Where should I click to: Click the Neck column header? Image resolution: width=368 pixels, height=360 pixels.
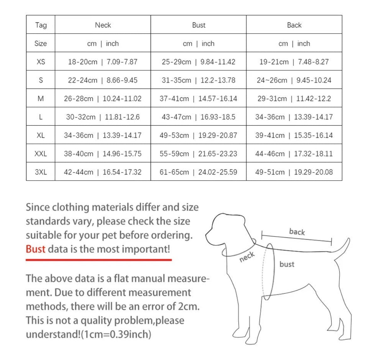pos(103,25)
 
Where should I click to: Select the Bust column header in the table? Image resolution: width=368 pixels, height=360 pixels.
pos(198,25)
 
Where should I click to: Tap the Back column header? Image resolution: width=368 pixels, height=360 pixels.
pos(294,25)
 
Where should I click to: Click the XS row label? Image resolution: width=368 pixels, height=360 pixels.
pos(41,62)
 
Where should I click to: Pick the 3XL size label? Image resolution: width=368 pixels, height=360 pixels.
pos(41,172)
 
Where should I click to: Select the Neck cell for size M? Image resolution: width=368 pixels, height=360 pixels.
pos(103,99)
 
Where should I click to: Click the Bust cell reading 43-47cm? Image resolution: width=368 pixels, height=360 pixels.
pos(198,117)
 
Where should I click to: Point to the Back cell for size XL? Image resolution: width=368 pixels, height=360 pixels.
pos(294,135)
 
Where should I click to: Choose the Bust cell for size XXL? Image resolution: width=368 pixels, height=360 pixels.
pos(198,154)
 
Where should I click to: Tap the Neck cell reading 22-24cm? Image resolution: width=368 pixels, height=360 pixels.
pos(103,80)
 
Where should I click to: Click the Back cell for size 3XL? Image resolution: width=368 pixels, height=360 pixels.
pos(294,172)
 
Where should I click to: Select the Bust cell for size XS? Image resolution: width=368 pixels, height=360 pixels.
pos(198,62)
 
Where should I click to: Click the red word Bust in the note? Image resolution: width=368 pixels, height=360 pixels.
pos(36,249)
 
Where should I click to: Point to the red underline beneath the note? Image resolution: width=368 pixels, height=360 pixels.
pos(99,260)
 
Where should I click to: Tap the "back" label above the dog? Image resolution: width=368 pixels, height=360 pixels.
pos(297,232)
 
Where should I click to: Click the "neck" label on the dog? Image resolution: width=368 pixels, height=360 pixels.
pos(247,257)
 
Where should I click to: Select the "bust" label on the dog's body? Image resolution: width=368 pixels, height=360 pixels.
pos(287,264)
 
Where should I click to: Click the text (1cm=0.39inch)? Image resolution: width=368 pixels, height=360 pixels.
pos(116,334)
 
